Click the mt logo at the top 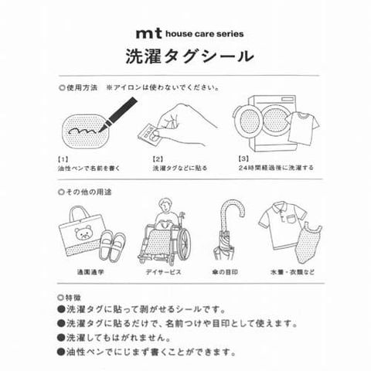(149, 34)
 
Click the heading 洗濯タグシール (189, 57)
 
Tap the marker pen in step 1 (117, 114)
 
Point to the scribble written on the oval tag (83, 131)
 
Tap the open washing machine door (249, 121)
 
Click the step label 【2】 (158, 159)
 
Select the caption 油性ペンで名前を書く (89, 168)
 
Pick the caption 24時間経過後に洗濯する (276, 168)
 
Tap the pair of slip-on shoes (112, 245)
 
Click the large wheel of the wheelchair (183, 242)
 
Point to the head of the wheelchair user (165, 205)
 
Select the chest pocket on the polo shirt (291, 219)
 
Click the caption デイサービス (163, 272)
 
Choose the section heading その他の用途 (85, 192)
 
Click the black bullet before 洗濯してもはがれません (61, 338)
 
